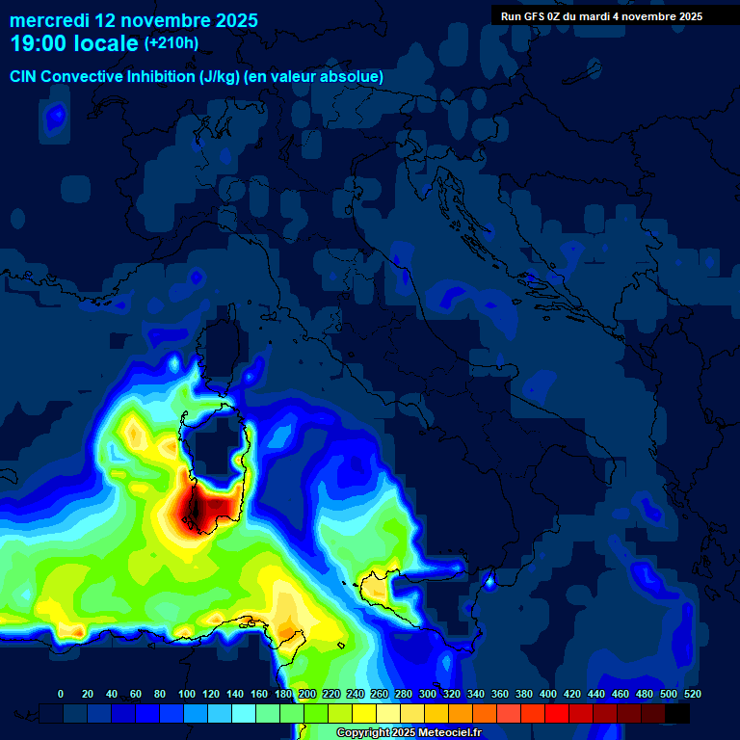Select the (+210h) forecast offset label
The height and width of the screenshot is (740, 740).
[x=171, y=42]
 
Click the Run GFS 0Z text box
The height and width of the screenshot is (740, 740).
[x=601, y=16]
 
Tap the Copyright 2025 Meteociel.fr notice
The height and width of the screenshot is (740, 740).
[x=409, y=732]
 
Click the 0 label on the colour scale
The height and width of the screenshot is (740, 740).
[x=61, y=694]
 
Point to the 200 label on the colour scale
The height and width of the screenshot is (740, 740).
[x=307, y=694]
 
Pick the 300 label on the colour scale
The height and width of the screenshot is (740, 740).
[x=427, y=694]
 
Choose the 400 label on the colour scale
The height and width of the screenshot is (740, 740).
[x=548, y=694]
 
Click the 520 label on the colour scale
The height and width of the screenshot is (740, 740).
[x=692, y=694]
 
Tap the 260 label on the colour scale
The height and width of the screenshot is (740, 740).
[x=380, y=694]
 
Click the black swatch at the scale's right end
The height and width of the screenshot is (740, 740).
[x=678, y=713]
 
